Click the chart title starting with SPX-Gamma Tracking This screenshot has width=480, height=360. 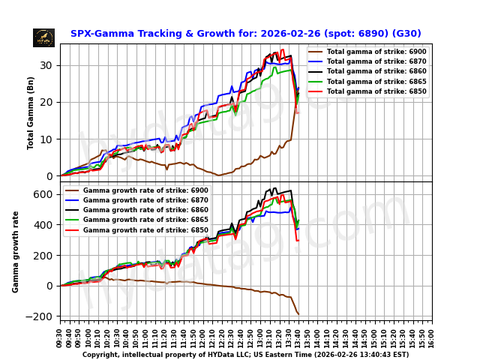point(245,34)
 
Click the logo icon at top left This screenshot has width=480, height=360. point(43,37)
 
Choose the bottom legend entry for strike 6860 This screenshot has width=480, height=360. point(135,210)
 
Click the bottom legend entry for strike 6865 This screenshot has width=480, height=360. point(135,220)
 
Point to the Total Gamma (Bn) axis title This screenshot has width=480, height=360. point(31,112)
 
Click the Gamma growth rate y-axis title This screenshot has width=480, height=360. point(16,251)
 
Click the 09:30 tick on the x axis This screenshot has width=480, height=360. point(60,335)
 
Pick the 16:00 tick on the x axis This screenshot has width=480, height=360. point(432,335)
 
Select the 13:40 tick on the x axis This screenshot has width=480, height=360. point(298,335)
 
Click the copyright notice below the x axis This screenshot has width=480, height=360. point(245,355)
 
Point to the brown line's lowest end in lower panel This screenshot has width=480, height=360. point(298,314)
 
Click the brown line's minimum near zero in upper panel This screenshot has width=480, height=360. point(219,175)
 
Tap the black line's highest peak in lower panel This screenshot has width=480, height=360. point(275,188)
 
